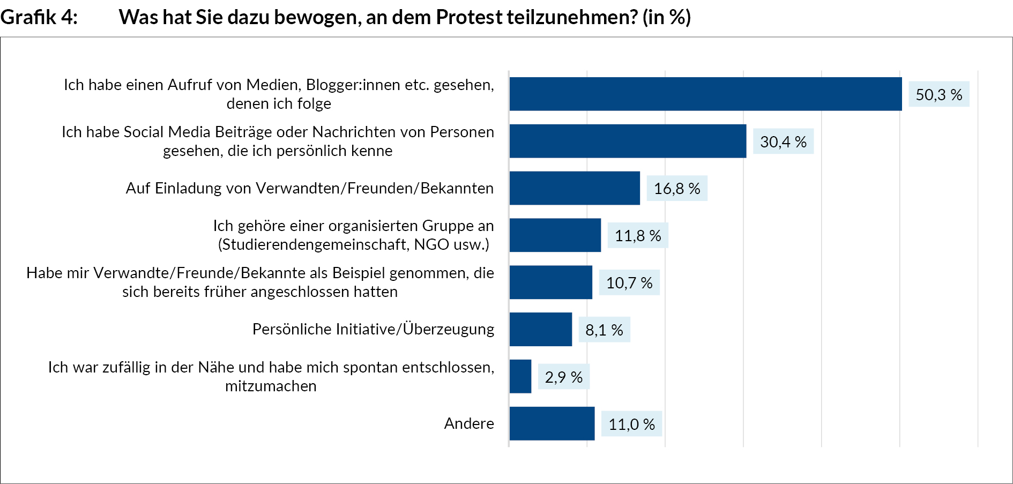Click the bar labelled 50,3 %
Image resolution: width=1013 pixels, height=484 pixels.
point(705,94)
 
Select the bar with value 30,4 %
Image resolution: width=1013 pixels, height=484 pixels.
point(628,141)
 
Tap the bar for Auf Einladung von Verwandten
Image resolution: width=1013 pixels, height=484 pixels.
point(575,188)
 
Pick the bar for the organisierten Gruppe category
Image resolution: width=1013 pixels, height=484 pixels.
point(555,235)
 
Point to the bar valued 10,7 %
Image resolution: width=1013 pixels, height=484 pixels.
point(551,282)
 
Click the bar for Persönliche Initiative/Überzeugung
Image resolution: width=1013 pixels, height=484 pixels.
point(541,329)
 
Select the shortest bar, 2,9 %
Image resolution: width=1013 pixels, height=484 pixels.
point(520,376)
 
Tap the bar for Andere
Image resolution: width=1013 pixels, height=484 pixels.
point(552,423)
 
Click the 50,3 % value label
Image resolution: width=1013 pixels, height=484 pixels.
point(939,94)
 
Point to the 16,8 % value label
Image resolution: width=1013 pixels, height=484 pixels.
point(677,189)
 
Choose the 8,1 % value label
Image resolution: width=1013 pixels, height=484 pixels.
point(604,330)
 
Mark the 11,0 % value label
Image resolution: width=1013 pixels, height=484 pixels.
point(631,424)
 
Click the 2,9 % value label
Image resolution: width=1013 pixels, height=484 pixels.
point(564,377)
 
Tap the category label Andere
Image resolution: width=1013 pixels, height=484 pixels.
point(469,423)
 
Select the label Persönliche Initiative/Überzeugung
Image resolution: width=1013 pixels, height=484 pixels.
point(373,329)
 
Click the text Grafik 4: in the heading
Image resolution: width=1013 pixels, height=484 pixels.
point(39,17)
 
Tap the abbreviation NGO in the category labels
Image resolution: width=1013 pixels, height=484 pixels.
point(431,244)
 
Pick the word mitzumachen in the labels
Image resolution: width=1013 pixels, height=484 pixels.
point(271,386)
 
